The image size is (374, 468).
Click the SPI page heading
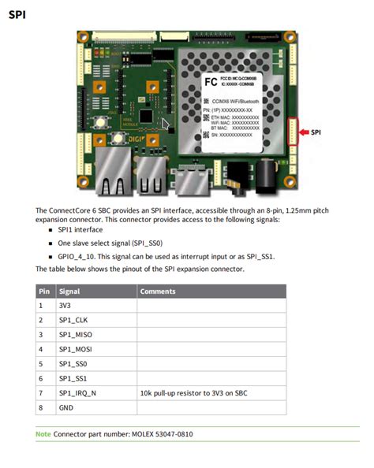17,14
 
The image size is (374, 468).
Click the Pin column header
43,292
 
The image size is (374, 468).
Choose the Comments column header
158,292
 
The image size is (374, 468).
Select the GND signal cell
66,407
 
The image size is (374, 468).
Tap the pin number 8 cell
41,407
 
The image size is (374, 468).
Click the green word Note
43,434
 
